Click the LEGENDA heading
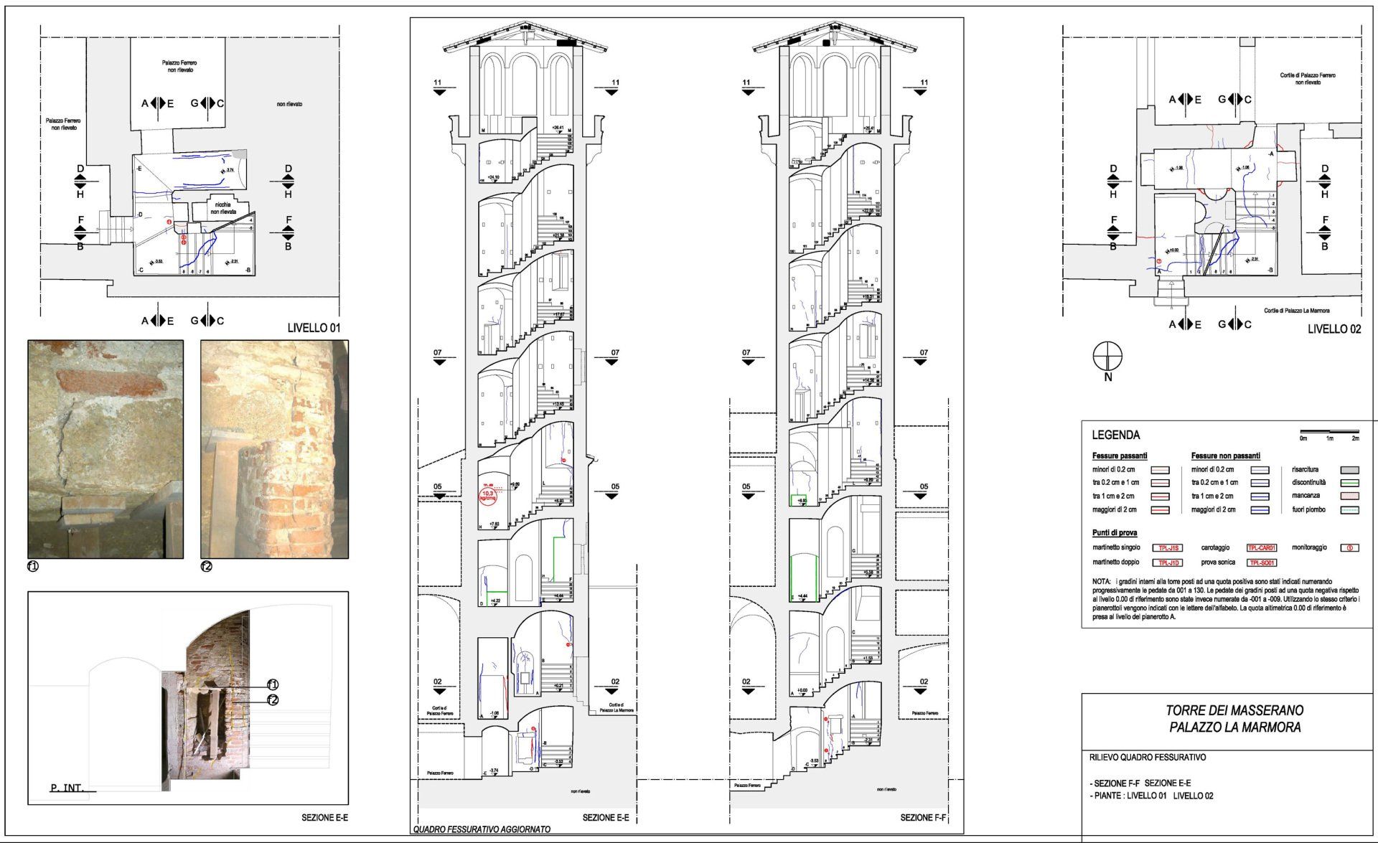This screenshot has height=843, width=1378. point(1115,435)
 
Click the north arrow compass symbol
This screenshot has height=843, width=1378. point(1107,357)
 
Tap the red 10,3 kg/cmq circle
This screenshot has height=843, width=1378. point(488,495)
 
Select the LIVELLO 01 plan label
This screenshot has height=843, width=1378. point(313,328)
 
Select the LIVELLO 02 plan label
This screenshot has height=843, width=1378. point(1334,329)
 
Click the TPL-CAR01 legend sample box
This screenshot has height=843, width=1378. point(1261,548)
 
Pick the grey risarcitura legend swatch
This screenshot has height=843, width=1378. point(1349,470)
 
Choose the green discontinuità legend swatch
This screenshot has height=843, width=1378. point(1349,483)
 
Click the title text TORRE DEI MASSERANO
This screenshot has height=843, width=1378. point(1234,710)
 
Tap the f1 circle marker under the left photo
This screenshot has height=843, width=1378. point(32,566)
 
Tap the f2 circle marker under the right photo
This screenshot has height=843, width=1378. point(207,566)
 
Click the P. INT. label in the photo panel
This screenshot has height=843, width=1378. point(67,788)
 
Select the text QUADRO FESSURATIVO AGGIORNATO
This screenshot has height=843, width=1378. point(482,829)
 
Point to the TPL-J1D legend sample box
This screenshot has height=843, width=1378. point(1167,562)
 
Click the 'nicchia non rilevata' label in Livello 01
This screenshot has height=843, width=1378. point(222,208)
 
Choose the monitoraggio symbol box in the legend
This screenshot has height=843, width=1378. point(1349,548)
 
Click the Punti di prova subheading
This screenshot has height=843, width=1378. point(1115,533)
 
